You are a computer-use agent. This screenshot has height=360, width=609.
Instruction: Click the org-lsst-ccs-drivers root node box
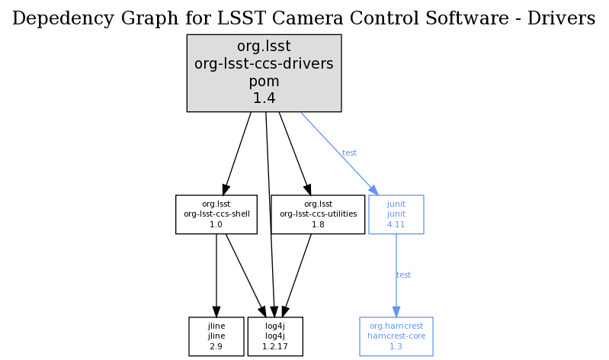[x=264, y=72]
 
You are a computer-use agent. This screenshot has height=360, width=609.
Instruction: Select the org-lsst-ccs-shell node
[x=216, y=214]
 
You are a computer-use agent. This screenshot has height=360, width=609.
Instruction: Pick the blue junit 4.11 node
[x=396, y=214]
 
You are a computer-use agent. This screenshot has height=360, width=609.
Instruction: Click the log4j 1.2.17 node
[x=274, y=336]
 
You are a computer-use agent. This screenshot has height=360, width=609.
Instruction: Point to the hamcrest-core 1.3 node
[x=396, y=336]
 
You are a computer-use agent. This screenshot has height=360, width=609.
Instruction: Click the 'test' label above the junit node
[x=349, y=153]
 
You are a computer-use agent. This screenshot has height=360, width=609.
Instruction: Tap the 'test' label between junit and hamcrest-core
[x=403, y=275]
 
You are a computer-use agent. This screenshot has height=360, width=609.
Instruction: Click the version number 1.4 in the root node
[x=264, y=98]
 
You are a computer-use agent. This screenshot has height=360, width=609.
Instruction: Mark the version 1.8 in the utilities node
[x=318, y=225]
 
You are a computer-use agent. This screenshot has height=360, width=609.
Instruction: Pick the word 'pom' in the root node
[x=264, y=81]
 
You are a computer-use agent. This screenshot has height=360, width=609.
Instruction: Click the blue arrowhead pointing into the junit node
[x=373, y=189]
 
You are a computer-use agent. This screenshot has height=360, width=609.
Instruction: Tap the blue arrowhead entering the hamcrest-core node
[x=396, y=311]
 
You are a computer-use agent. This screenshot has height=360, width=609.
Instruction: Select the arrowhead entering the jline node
[x=216, y=311]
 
